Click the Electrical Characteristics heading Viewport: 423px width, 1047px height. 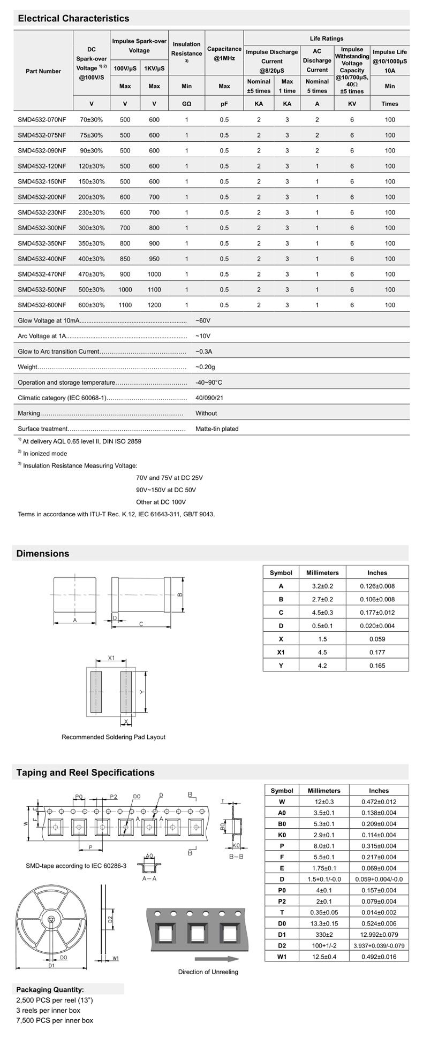73,19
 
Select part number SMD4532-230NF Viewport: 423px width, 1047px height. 42,212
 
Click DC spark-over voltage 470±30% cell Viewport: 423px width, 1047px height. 92,274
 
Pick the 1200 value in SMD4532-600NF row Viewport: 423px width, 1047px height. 154,305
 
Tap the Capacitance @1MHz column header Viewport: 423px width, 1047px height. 224,54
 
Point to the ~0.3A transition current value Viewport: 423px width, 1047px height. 204,351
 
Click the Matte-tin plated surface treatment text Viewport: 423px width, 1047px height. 217,429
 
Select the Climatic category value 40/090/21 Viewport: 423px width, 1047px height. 209,398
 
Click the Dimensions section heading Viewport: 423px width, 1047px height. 43,554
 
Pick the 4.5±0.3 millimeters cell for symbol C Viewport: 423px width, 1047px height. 322,613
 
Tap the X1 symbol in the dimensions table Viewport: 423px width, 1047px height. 281,652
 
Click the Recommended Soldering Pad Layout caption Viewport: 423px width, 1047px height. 114,737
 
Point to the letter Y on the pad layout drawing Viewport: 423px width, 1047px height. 142,691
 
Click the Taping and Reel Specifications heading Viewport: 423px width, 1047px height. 85,773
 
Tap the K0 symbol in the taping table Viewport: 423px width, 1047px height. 282,835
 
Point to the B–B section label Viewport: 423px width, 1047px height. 236,857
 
